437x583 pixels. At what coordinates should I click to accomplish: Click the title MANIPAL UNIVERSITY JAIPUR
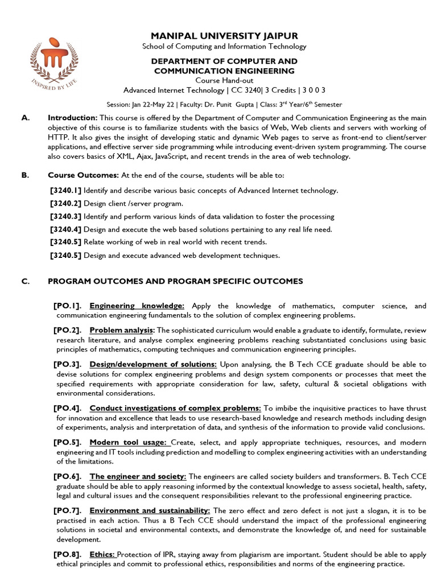[x=224, y=36]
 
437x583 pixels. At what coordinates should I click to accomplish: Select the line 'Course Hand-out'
[x=224, y=80]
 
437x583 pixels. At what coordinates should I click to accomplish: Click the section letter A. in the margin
[x=24, y=117]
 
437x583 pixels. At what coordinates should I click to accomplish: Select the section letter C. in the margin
[x=24, y=281]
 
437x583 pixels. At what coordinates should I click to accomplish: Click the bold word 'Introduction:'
[x=72, y=117]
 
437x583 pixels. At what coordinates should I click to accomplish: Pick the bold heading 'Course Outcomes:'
[x=83, y=175]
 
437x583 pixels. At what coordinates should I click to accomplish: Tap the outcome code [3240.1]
[x=65, y=190]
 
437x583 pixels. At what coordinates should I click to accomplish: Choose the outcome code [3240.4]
[x=65, y=229]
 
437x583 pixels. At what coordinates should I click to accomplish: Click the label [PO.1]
[x=67, y=306]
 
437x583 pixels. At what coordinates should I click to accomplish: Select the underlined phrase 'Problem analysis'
[x=122, y=330]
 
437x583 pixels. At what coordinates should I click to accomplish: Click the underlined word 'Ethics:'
[x=102, y=554]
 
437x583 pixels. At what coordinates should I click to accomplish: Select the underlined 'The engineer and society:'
[x=138, y=476]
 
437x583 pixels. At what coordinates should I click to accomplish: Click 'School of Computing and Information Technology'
[x=224, y=47]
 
